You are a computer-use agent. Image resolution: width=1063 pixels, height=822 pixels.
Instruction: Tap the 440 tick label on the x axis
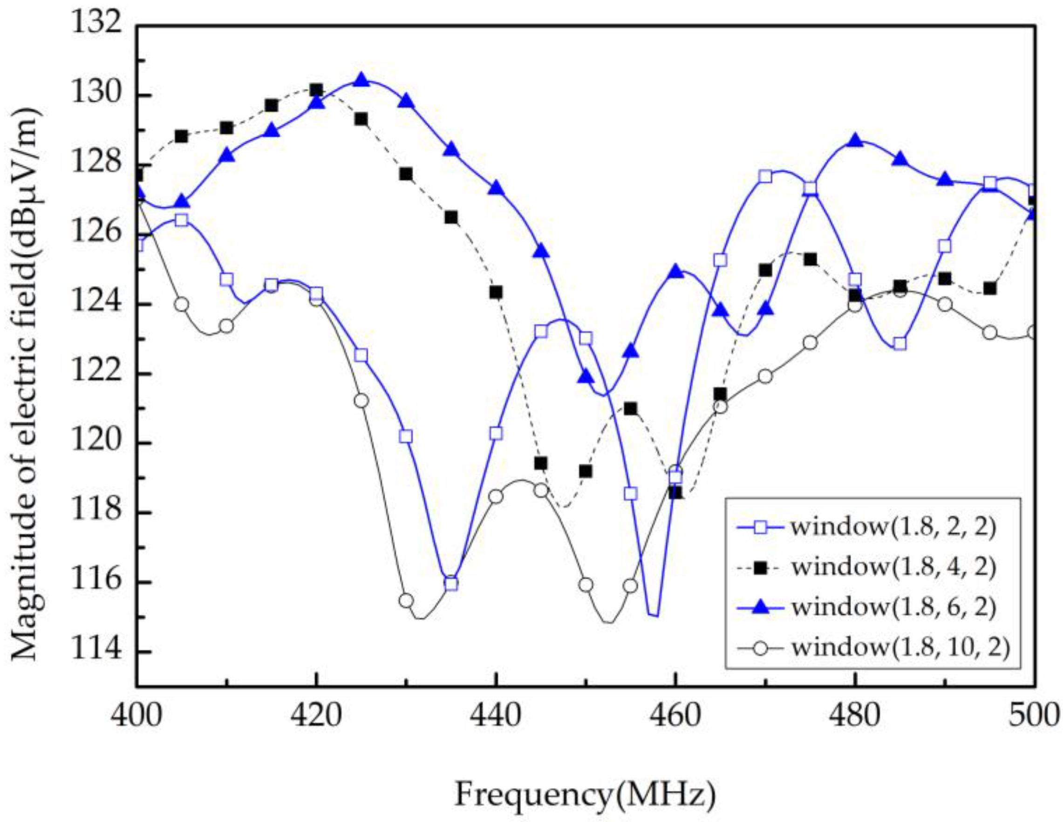click(496, 716)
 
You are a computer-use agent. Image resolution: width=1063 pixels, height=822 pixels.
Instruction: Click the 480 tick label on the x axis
click(855, 716)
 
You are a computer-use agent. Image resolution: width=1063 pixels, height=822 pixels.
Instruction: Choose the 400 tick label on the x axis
click(137, 716)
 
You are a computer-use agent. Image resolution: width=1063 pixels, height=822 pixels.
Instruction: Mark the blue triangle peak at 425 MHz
click(361, 80)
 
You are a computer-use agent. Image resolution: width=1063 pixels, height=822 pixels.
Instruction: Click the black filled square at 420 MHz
click(316, 89)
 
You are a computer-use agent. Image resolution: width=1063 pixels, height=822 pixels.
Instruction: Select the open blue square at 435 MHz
click(451, 584)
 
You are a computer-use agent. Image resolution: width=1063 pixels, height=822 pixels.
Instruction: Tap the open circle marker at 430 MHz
click(406, 601)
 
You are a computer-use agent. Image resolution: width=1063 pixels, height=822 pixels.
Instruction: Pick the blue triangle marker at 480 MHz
click(855, 141)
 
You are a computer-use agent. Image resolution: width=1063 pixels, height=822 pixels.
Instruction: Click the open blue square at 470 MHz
click(765, 177)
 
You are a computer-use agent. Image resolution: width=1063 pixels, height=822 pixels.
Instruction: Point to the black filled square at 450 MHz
click(586, 471)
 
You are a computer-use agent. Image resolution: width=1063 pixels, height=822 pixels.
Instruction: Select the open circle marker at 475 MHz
click(810, 343)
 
